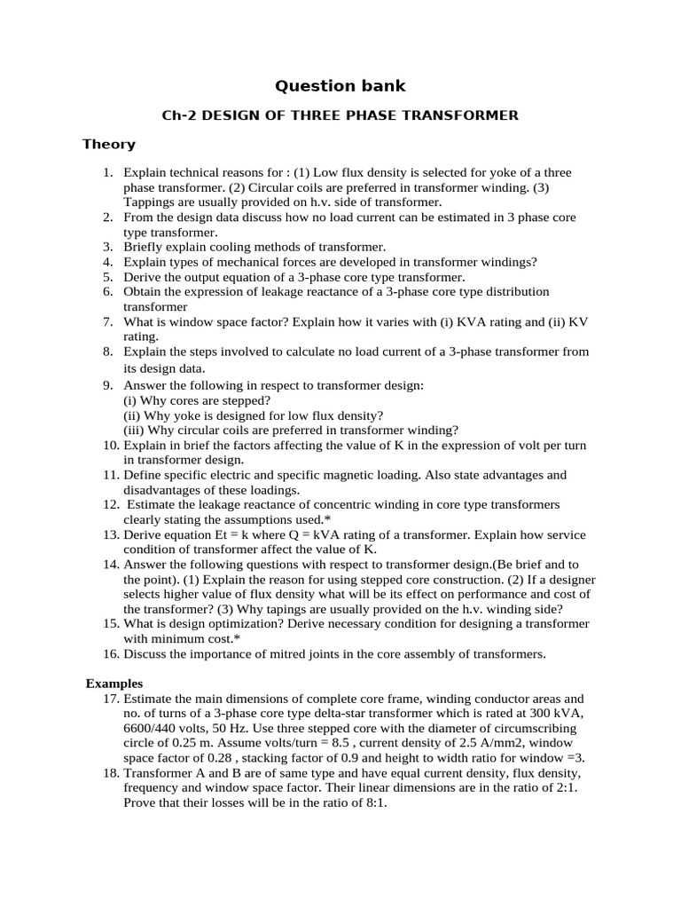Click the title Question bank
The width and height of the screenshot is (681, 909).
[340, 86]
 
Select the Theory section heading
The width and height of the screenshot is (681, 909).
[109, 144]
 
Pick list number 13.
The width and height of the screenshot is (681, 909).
[110, 534]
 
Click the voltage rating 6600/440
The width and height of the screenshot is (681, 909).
[158, 729]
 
